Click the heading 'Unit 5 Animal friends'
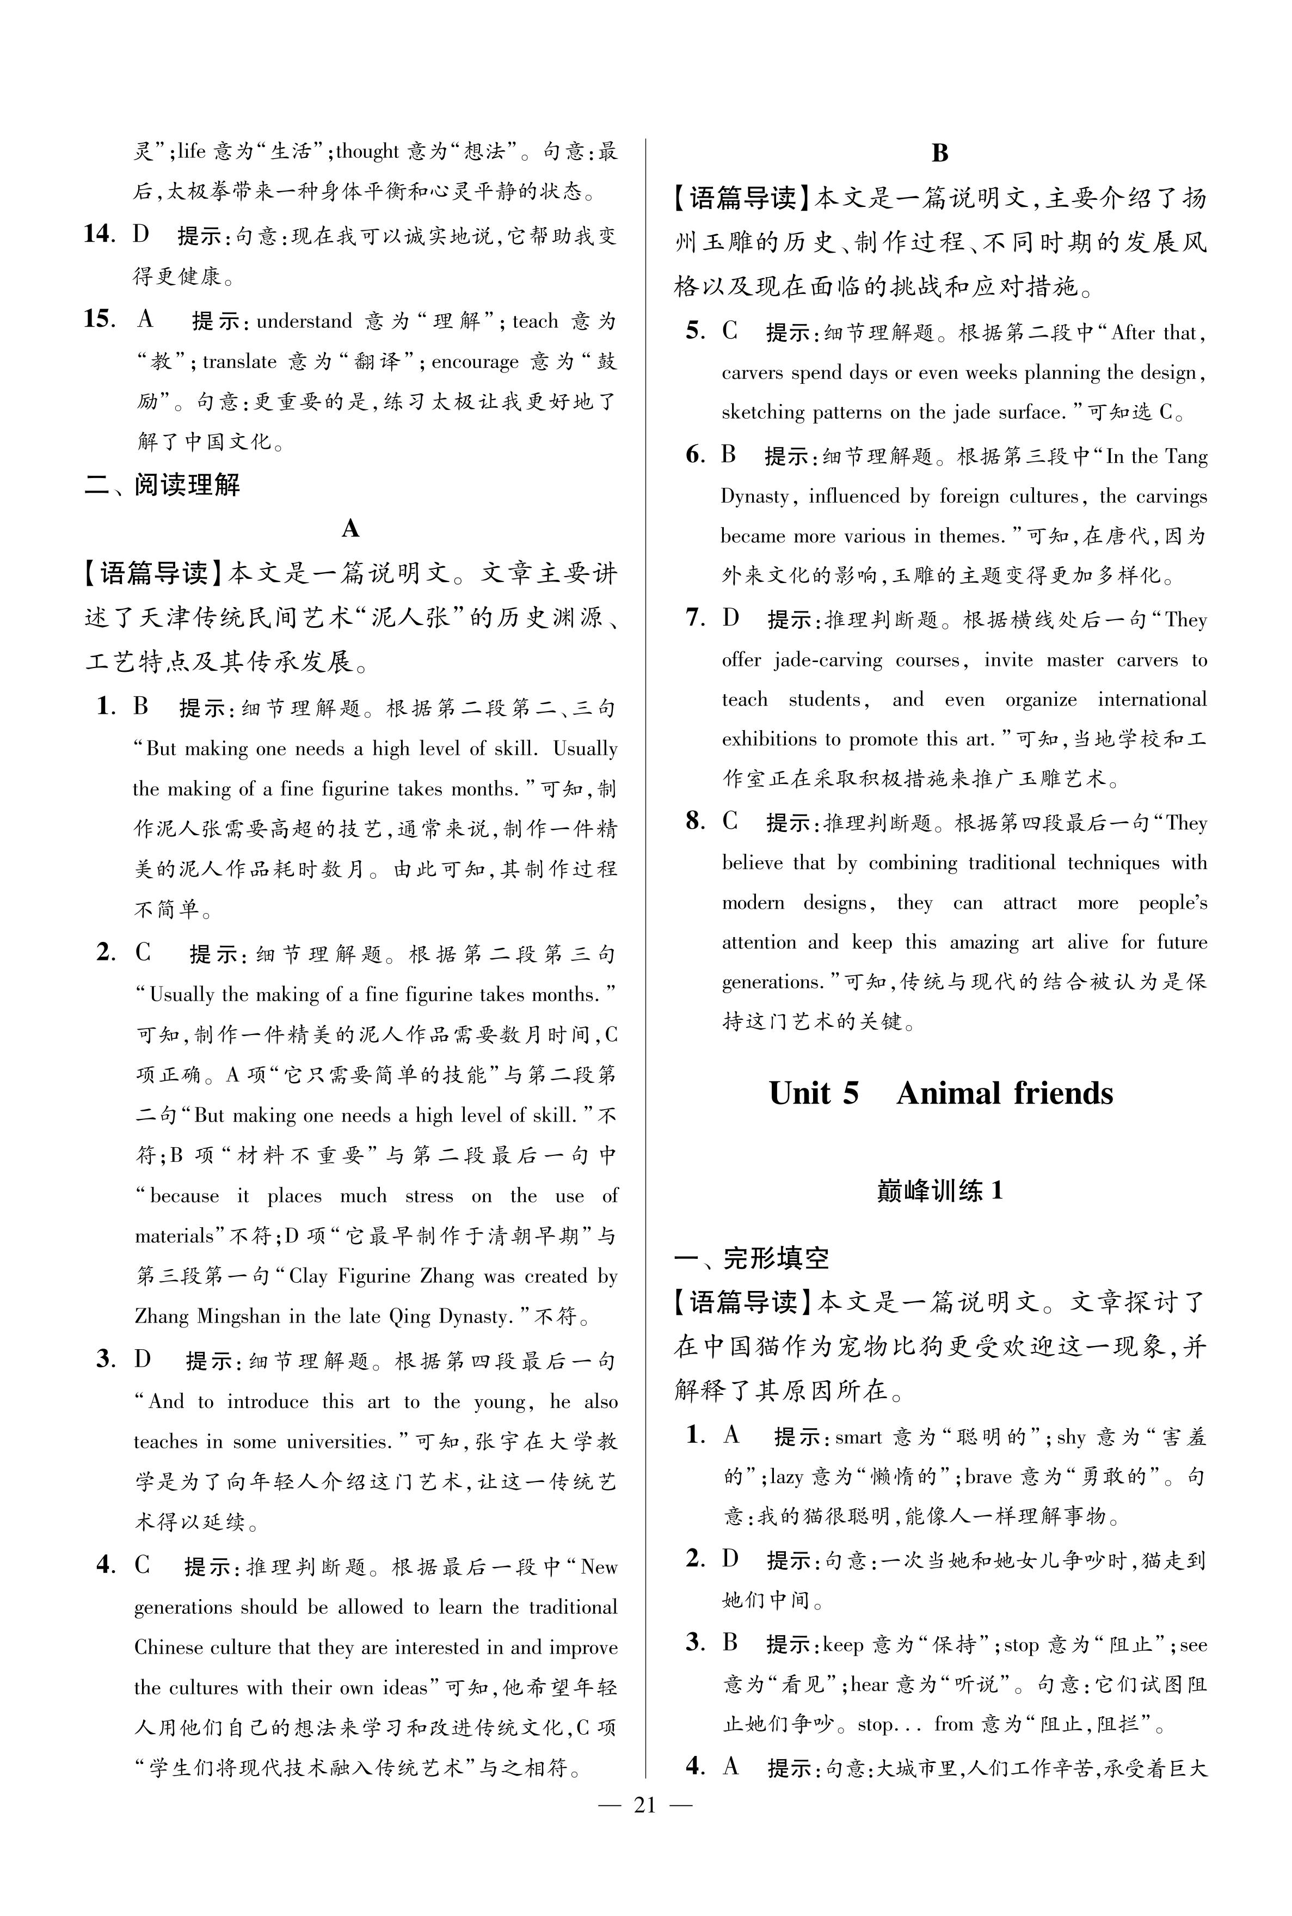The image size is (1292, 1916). pos(940,1093)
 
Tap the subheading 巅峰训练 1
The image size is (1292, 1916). pos(939,1191)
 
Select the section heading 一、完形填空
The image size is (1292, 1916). pos(752,1258)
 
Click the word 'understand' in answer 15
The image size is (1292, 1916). pos(304,321)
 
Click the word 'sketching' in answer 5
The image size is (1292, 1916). pos(762,412)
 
